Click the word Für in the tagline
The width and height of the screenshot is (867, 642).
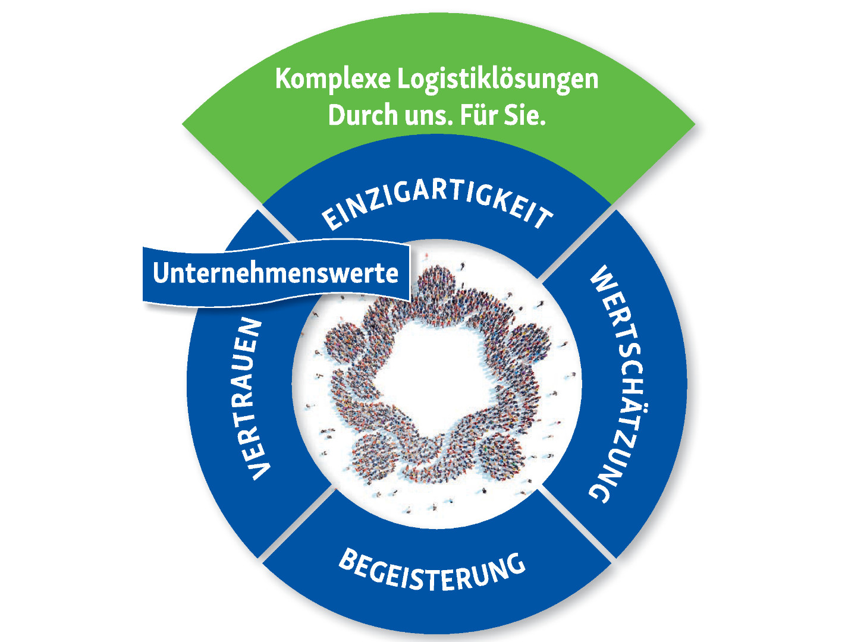(479, 114)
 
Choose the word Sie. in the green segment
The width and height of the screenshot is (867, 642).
(525, 114)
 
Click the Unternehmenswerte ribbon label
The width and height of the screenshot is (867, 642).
(275, 273)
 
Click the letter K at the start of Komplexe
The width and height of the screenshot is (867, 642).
(284, 79)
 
